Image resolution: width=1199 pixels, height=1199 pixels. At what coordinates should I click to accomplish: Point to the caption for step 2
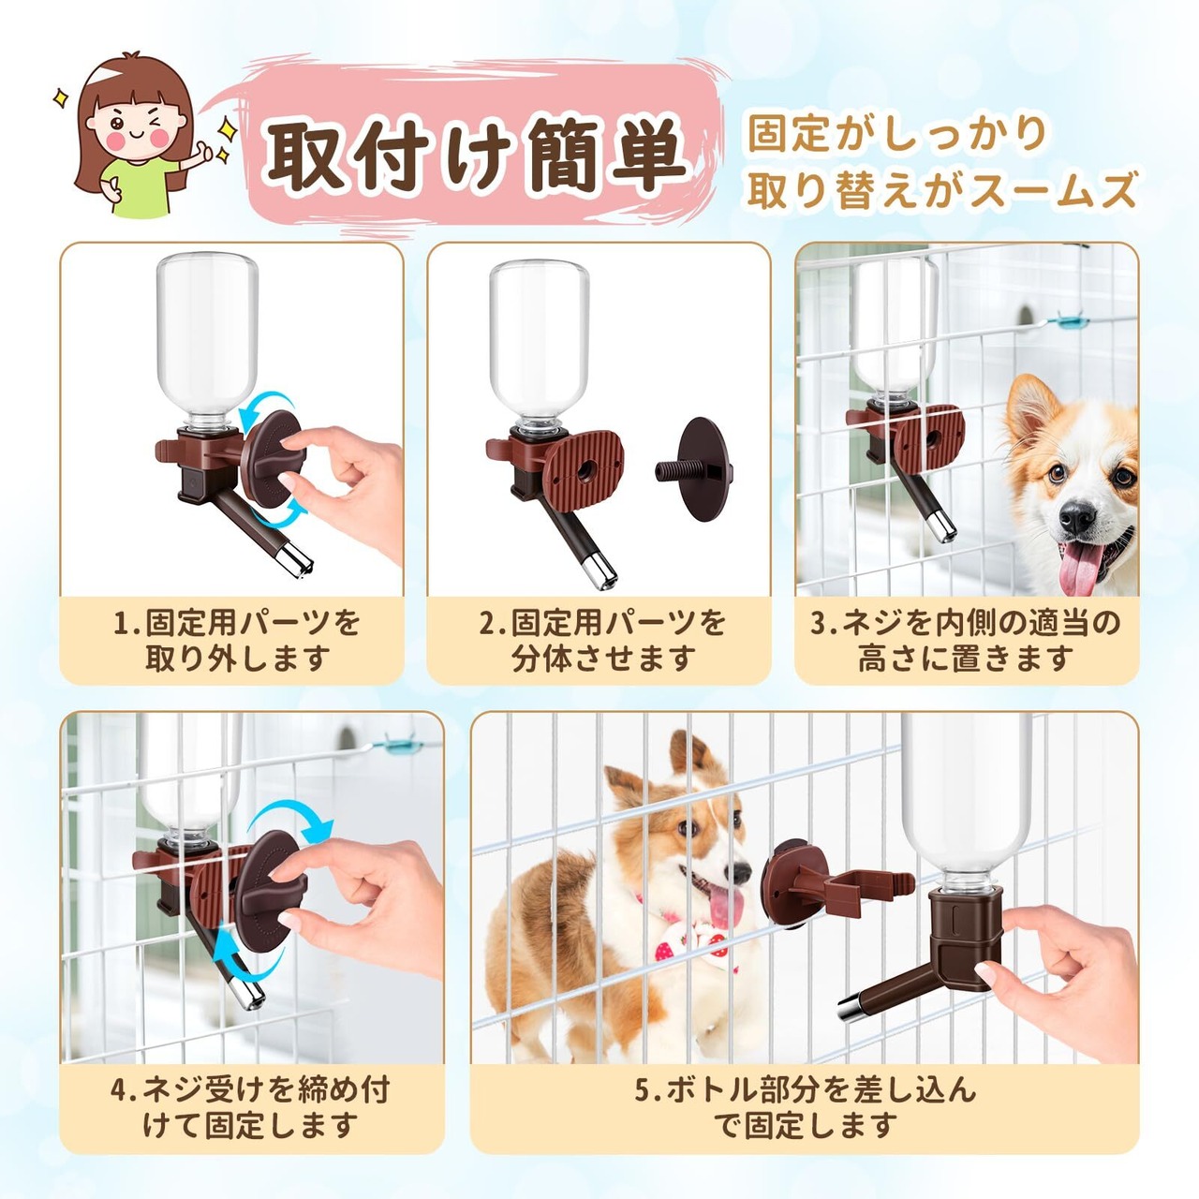(x=601, y=640)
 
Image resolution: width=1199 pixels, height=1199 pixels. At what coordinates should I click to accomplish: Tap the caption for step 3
(x=966, y=640)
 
